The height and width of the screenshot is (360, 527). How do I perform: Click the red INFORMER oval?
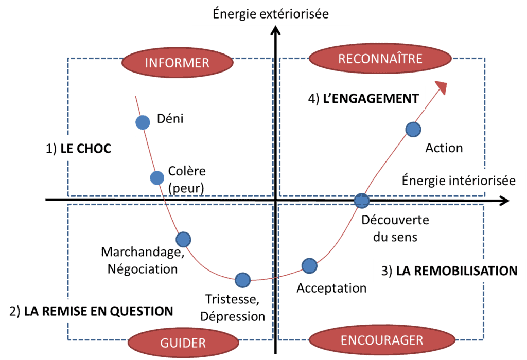coord(177,63)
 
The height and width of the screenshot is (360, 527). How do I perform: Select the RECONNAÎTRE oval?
coord(380,59)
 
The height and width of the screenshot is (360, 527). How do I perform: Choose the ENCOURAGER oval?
coord(381,340)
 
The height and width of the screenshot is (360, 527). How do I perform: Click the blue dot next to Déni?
coord(142,122)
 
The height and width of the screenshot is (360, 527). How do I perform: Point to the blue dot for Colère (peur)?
coord(157,178)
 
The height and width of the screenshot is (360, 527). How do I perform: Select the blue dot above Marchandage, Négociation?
coord(183,239)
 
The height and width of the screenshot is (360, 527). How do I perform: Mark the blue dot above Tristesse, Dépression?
coord(242,280)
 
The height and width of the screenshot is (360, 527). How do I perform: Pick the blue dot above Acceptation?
coord(309,265)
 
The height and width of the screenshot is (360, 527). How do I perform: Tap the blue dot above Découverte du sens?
coord(362,200)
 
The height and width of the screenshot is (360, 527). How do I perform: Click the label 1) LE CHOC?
coord(78,149)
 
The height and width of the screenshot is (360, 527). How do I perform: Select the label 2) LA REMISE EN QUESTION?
coord(91,311)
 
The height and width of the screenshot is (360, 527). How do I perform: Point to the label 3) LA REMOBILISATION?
coord(449,271)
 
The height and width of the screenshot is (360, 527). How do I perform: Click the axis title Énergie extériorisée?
coord(271,13)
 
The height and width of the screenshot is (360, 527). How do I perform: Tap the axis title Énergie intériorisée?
coord(458,181)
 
